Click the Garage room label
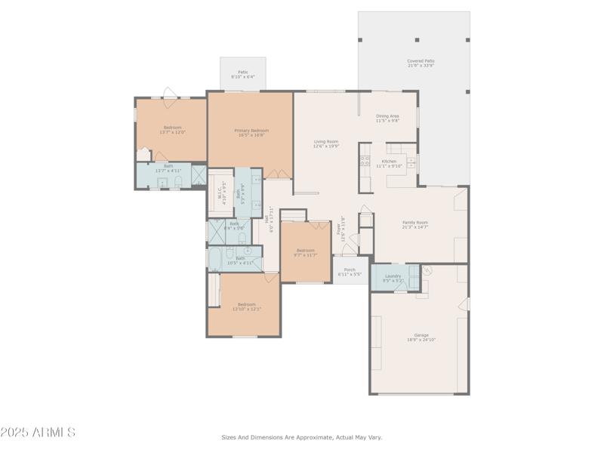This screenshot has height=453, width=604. [x=421, y=335]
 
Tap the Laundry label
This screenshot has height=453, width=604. [x=393, y=276]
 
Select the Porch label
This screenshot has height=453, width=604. [x=350, y=270]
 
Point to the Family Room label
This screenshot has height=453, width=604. [x=414, y=223]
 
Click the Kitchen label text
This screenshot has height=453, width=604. [x=389, y=162]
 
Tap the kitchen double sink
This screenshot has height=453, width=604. [x=411, y=162]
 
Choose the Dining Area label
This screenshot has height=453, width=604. [x=387, y=116]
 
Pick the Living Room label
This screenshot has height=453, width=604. [x=326, y=141]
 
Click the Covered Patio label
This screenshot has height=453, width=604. [x=421, y=61]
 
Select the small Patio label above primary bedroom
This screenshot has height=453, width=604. [x=242, y=72]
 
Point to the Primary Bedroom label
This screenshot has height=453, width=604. [x=251, y=131]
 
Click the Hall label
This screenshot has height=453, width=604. [x=267, y=217]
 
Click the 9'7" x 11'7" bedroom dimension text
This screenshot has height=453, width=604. [x=305, y=255]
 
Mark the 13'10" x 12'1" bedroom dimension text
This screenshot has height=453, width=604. [x=247, y=309]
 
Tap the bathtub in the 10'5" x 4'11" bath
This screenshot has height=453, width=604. [x=214, y=259]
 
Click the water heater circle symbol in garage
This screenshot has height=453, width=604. [x=426, y=270]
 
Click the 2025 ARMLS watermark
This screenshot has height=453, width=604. [x=38, y=433]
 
